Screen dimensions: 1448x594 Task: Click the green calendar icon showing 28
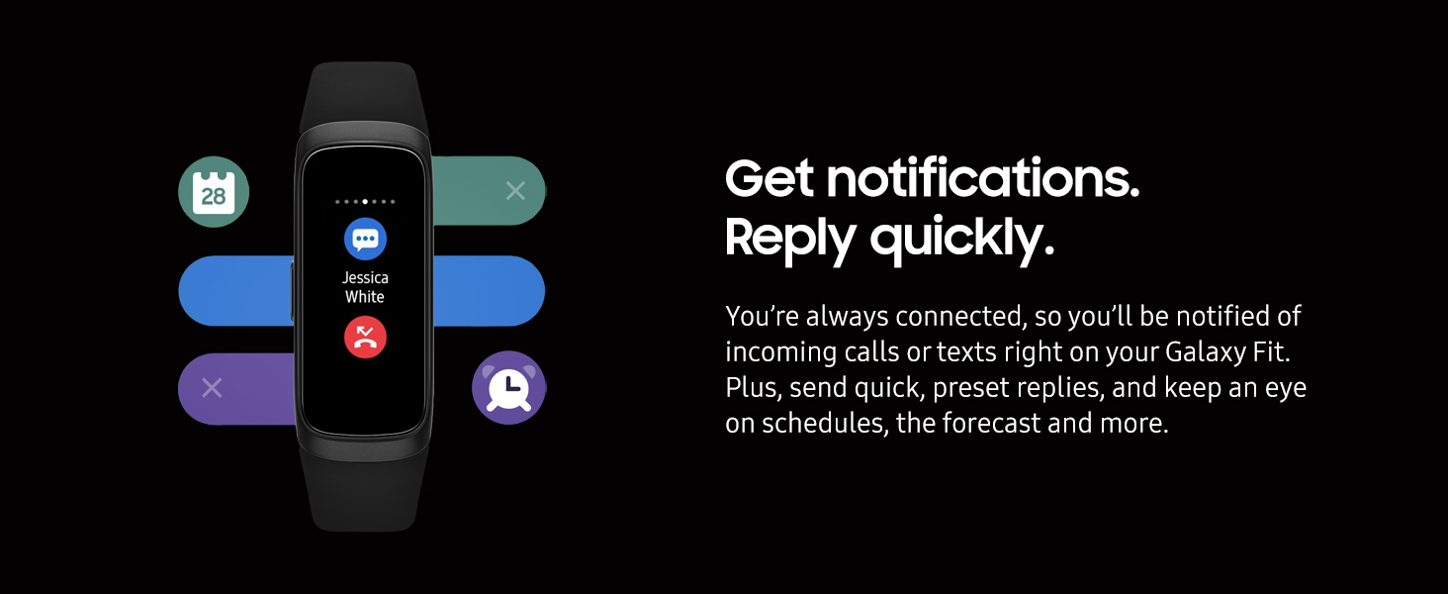[214, 191]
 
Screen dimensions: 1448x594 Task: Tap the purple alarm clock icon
[508, 388]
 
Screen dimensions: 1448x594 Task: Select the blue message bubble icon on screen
[365, 239]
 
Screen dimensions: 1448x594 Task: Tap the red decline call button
[365, 338]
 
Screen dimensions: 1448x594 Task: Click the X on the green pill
[515, 190]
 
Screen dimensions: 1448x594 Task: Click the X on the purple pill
[212, 388]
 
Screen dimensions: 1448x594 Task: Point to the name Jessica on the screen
[365, 278]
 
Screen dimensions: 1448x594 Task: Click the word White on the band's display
[365, 297]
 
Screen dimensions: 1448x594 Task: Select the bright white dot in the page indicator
[365, 202]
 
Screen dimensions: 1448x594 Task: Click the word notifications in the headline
[982, 178]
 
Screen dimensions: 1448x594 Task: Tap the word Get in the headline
[769, 178]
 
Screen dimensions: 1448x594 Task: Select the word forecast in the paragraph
[992, 423]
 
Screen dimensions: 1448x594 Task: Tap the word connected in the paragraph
[961, 317]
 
